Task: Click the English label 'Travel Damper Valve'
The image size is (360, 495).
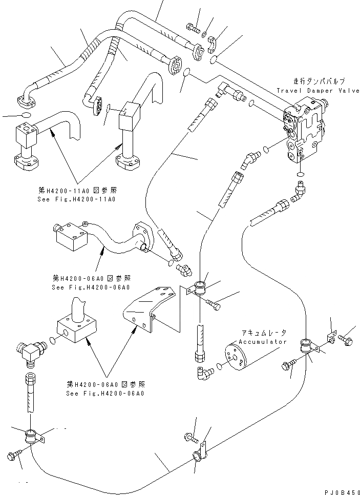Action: coord(318,90)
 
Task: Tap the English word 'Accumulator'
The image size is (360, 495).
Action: coord(262,341)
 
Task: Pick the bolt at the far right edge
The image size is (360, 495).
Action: coord(346,339)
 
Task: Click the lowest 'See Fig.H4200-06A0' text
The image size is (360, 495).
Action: coord(105,394)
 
